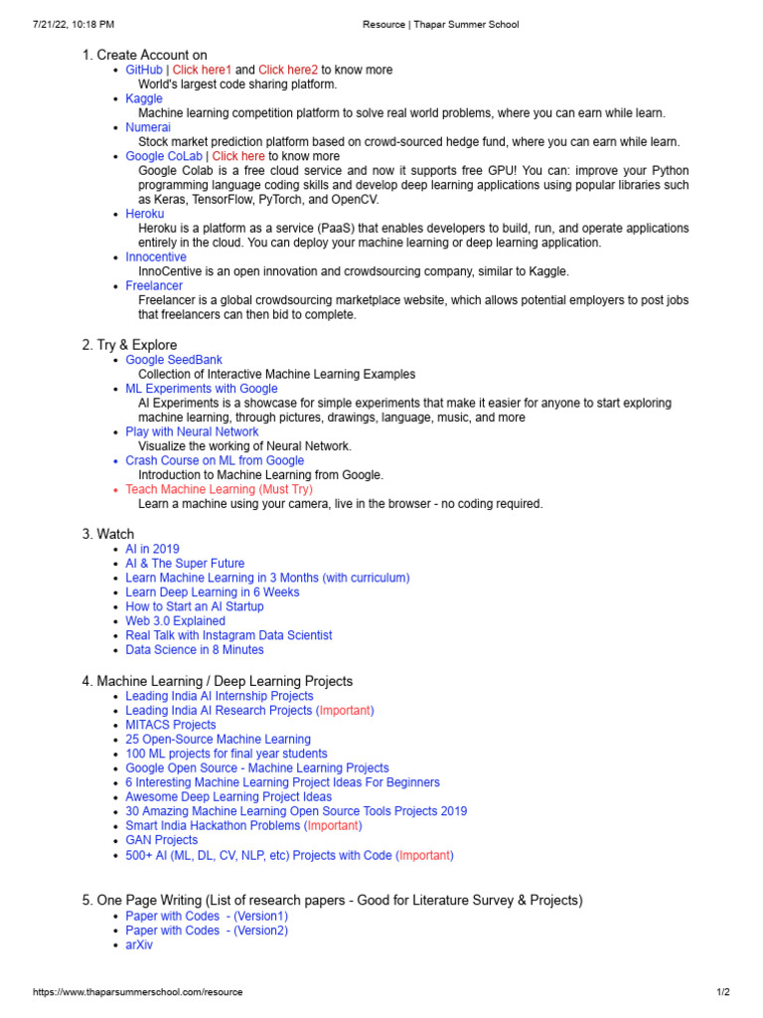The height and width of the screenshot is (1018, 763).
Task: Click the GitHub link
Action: [144, 71]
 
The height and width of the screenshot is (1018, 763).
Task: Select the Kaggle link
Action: [144, 99]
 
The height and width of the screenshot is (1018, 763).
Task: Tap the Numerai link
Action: [148, 128]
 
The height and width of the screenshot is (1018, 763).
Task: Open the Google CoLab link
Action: [164, 157]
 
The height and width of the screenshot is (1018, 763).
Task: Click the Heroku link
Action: [145, 214]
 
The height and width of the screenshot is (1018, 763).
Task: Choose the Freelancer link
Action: [154, 286]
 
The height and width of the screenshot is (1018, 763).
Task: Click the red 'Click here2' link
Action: [288, 71]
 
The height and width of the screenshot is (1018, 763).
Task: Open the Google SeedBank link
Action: [174, 360]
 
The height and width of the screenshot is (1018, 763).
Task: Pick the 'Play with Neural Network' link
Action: [192, 432]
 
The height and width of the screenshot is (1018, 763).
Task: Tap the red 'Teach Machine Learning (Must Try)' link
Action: [219, 490]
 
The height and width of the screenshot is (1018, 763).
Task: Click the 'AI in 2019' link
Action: [152, 549]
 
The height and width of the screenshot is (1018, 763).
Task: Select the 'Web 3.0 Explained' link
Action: [175, 621]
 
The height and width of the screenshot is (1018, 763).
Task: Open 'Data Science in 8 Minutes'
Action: [195, 650]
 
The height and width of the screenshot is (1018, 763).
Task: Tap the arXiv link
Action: [139, 945]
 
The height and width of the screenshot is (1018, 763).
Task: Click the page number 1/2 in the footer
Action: [723, 992]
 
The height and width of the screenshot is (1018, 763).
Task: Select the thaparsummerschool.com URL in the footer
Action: [138, 992]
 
